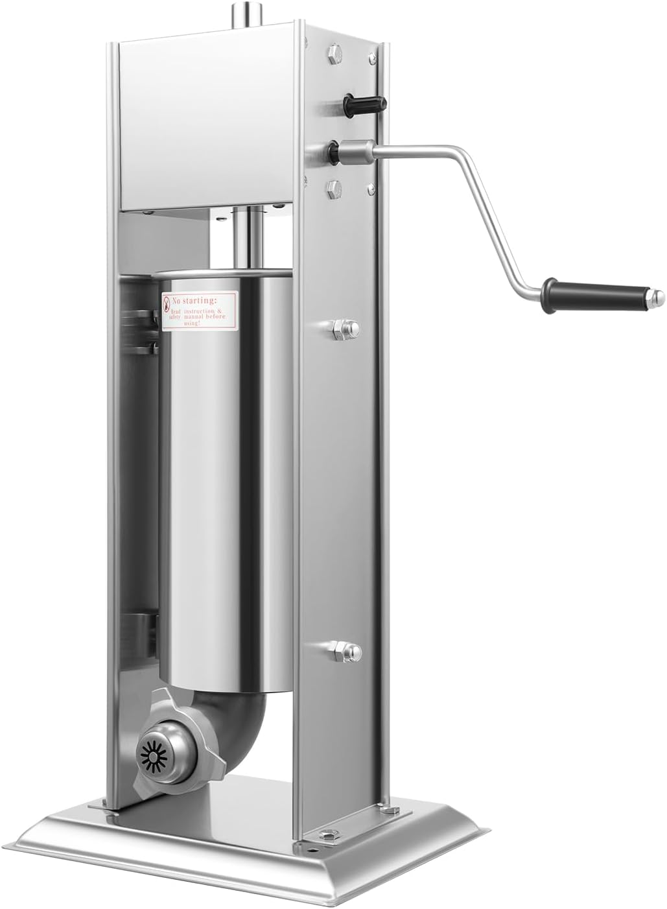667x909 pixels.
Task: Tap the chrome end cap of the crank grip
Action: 657,298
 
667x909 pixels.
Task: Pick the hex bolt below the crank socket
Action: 336,188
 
